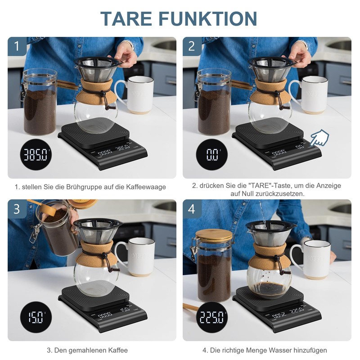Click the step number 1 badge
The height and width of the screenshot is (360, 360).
coord(17,46)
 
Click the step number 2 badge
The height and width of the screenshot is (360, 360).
coord(192,46)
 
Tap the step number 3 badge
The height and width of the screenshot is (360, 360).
coord(17,209)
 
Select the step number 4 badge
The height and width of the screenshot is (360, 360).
coord(192,209)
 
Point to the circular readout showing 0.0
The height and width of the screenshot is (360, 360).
coord(211,156)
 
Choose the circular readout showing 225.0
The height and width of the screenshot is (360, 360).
coord(211,318)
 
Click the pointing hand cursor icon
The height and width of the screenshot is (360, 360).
coord(321,137)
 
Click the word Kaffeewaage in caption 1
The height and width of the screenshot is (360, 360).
coord(146,187)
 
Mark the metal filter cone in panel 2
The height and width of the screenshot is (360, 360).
coord(271,70)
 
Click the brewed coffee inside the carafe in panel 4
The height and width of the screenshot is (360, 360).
coord(269,288)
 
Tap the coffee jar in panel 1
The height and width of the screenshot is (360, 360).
coord(40,103)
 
